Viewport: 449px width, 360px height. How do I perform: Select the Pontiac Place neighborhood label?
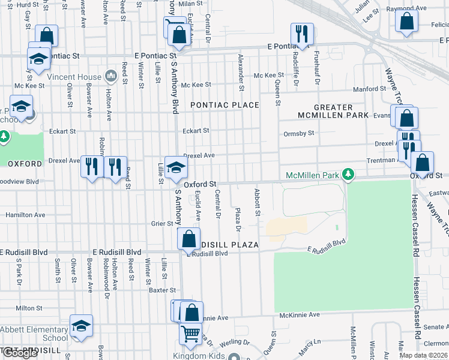coord(224,105)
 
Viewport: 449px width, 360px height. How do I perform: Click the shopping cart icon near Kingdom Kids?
coord(190,333)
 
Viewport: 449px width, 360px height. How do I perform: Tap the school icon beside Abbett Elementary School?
coord(81,325)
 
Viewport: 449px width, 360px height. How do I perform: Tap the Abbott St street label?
coord(257,202)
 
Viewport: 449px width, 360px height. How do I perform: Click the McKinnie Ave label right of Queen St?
coord(300,314)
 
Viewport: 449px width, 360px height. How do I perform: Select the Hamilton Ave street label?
coord(25,215)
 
